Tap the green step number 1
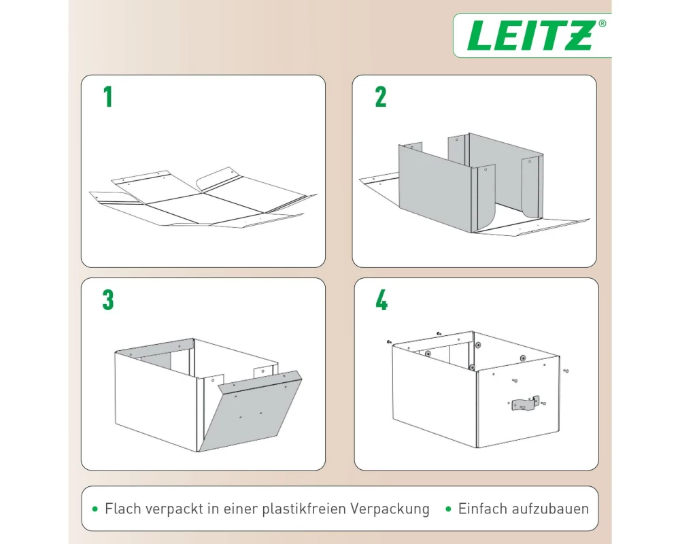click(x=108, y=97)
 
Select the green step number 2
click(x=381, y=97)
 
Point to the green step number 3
click(x=108, y=300)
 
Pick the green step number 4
click(x=381, y=300)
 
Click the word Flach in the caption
click(x=122, y=509)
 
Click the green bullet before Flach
click(x=95, y=509)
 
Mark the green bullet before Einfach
click(x=448, y=509)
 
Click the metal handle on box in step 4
click(x=524, y=403)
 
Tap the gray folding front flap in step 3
click(x=250, y=410)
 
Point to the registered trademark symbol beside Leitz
click(x=602, y=24)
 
